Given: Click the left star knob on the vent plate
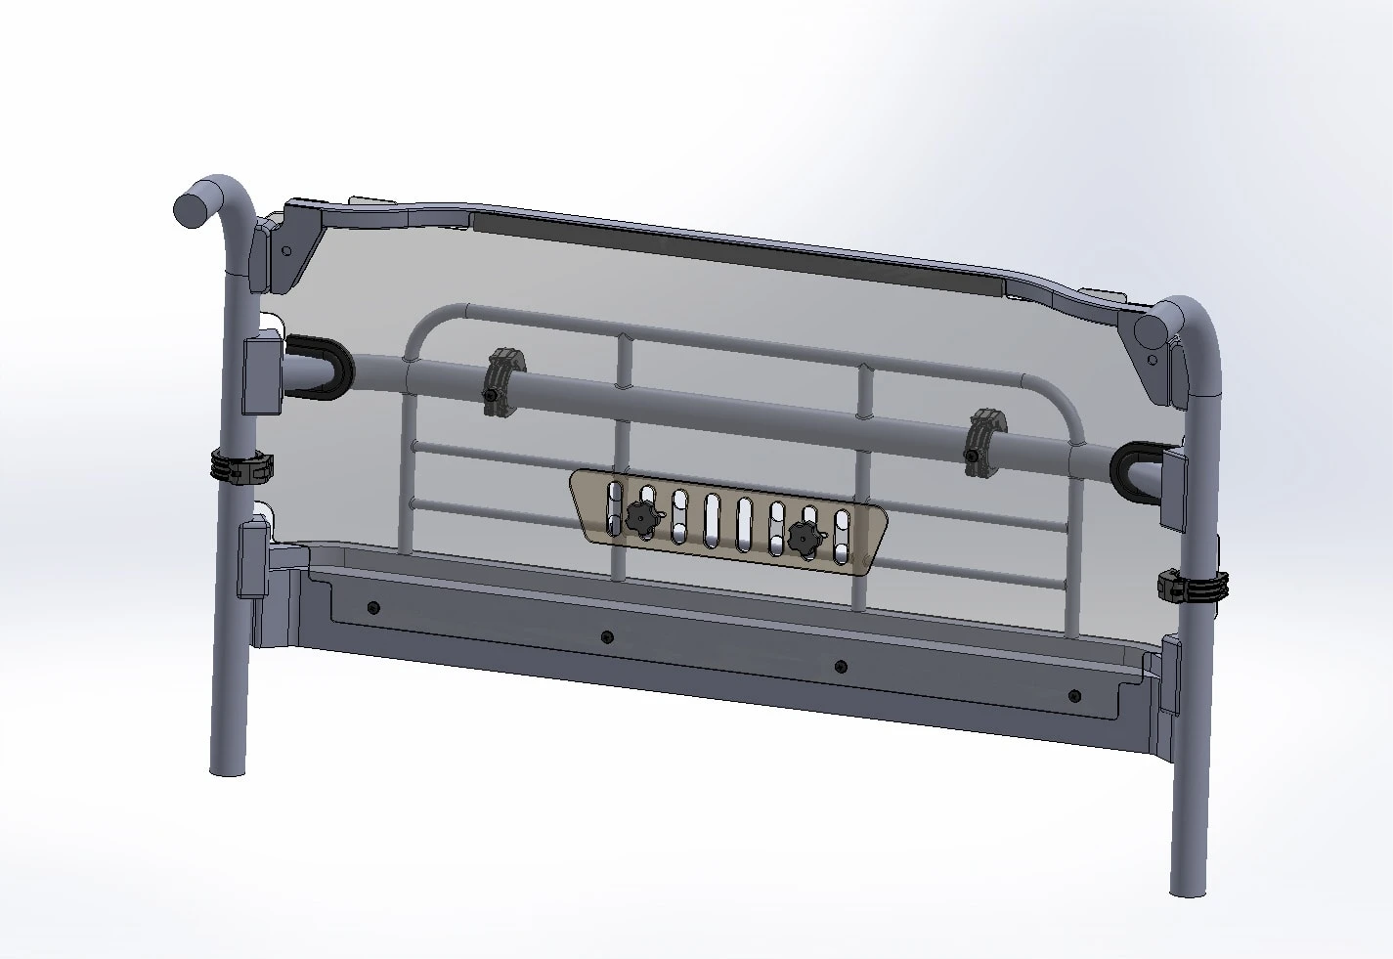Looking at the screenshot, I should click(x=640, y=515).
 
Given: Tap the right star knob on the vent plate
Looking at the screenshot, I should click(x=805, y=536).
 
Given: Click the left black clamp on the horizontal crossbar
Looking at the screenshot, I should click(x=504, y=378).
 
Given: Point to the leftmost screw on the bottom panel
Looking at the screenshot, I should click(x=373, y=608).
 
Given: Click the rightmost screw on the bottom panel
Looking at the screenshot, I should click(x=1075, y=696).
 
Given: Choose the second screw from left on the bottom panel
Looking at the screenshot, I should click(x=606, y=637).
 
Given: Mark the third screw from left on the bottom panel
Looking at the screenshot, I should click(x=841, y=667).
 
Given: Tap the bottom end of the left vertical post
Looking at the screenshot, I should click(x=228, y=765).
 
